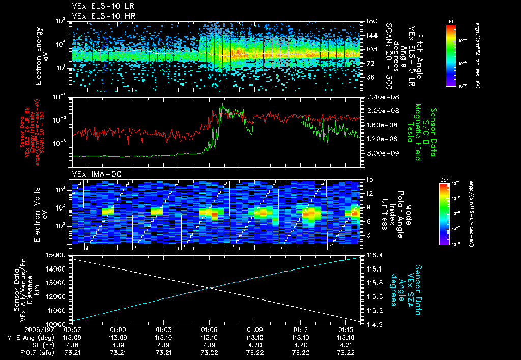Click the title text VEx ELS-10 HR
(x=97, y=16)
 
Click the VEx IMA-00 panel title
(x=91, y=174)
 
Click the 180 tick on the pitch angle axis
(x=369, y=21)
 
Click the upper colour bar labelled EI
(x=451, y=54)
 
